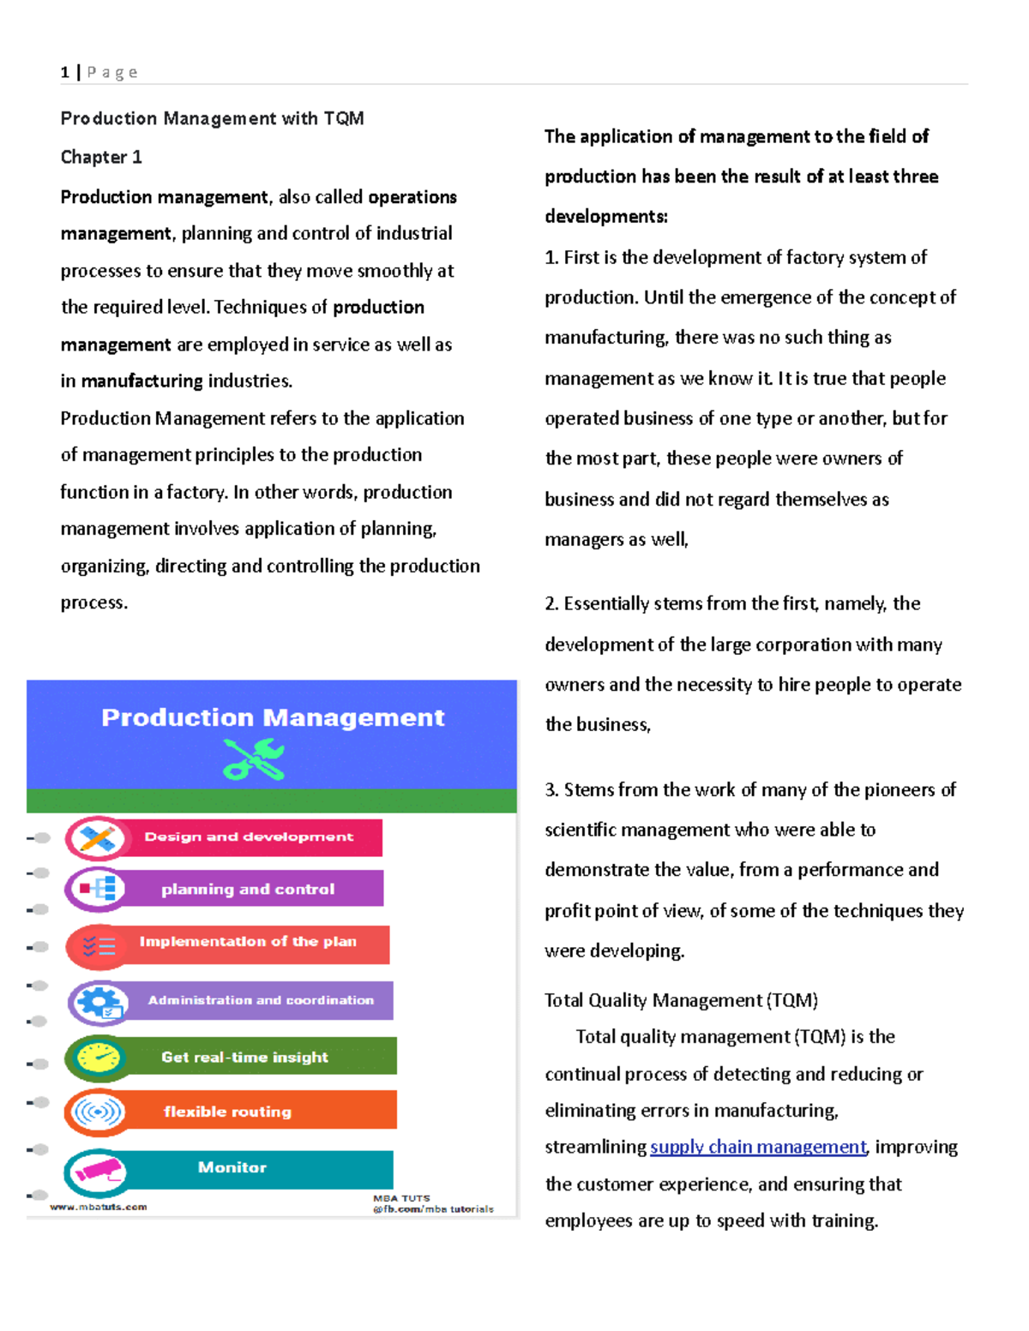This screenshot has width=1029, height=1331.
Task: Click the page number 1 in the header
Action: click(65, 73)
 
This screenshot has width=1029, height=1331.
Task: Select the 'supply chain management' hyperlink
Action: click(758, 1147)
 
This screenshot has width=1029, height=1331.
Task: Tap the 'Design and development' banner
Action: click(249, 837)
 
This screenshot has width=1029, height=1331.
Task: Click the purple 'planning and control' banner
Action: click(248, 890)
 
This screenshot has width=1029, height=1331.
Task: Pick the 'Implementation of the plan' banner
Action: click(248, 942)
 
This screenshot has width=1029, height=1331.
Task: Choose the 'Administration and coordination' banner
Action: click(261, 1000)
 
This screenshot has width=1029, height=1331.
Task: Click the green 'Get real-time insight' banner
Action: click(245, 1058)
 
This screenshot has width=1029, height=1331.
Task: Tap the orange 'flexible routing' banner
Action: click(228, 1112)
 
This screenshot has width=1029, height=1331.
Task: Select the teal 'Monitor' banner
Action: click(232, 1168)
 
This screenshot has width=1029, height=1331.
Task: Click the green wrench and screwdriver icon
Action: click(254, 759)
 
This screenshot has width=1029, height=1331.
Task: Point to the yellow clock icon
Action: click(98, 1058)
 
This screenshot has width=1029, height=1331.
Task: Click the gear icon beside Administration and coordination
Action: click(99, 1002)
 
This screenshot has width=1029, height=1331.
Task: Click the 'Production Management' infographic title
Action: click(273, 717)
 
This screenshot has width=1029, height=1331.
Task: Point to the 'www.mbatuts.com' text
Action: click(98, 1207)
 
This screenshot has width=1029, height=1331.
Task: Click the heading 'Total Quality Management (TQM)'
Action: click(681, 1000)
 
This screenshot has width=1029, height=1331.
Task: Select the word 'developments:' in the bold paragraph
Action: click(606, 217)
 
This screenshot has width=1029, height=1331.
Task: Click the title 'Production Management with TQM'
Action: click(212, 118)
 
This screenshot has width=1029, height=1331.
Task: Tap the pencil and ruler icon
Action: click(97, 838)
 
